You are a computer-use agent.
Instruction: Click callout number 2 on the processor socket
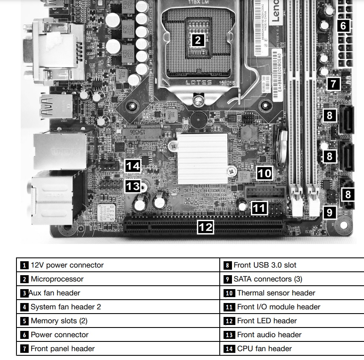(x=198, y=41)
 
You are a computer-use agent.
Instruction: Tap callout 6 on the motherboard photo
(x=343, y=26)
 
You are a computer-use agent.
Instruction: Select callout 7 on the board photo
(x=333, y=84)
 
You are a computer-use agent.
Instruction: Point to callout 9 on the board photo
(x=329, y=212)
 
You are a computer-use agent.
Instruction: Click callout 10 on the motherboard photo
(x=264, y=173)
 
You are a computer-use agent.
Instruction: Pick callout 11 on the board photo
(x=259, y=207)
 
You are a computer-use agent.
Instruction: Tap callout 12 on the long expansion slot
(x=206, y=227)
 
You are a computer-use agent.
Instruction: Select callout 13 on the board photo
(x=133, y=186)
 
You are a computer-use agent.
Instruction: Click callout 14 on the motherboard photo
(x=133, y=166)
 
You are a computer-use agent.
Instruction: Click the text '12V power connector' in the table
(x=67, y=265)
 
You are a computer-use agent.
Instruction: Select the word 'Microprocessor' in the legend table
(x=57, y=279)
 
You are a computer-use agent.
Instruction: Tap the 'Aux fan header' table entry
(x=54, y=293)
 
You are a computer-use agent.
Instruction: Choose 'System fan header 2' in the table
(x=66, y=307)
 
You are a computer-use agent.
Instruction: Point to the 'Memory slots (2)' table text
(x=59, y=321)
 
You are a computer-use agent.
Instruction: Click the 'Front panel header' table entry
(x=62, y=349)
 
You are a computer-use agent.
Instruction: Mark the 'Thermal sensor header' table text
(x=276, y=293)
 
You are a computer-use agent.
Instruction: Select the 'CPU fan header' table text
(x=264, y=349)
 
